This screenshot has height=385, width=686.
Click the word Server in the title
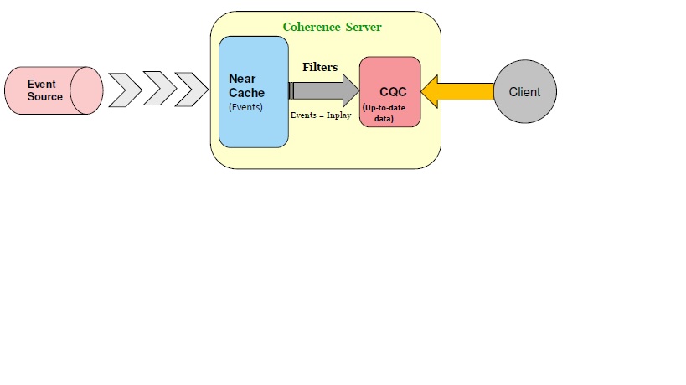pyautogui.click(x=364, y=27)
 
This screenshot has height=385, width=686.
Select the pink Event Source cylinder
pyautogui.click(x=53, y=90)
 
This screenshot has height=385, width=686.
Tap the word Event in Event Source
pyautogui.click(x=42, y=84)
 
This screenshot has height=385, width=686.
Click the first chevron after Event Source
pyautogui.click(x=126, y=90)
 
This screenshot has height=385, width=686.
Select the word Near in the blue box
pyautogui.click(x=242, y=79)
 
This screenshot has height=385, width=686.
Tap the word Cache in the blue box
pyautogui.click(x=246, y=93)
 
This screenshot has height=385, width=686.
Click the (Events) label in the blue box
pyautogui.click(x=245, y=107)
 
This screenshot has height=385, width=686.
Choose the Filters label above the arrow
pyautogui.click(x=320, y=67)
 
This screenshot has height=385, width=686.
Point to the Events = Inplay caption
pyautogui.click(x=320, y=115)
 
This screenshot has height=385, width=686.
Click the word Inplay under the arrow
pyautogui.click(x=338, y=115)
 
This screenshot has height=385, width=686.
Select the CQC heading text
pyautogui.click(x=392, y=92)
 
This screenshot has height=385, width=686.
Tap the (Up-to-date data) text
pyautogui.click(x=384, y=112)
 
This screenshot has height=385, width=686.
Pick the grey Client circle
pyautogui.click(x=524, y=92)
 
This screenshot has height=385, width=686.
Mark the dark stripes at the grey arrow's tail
pyautogui.click(x=291, y=90)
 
